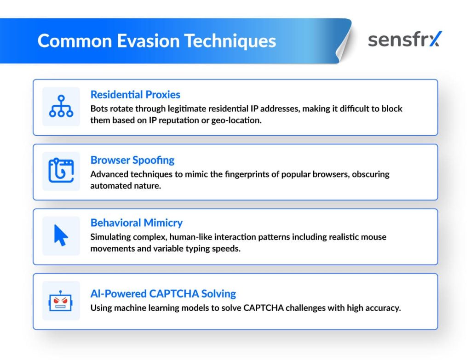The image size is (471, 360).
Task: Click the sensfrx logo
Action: pos(405,40)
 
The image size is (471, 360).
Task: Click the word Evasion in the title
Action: pos(148,41)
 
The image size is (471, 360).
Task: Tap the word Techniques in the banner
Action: pos(230,41)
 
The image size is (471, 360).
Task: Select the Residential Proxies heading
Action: pos(135,95)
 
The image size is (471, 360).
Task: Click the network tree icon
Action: pos(61,106)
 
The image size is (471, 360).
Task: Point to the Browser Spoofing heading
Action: pos(132,160)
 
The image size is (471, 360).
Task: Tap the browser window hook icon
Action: pos(61,170)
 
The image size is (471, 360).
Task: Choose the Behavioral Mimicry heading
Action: pos(136,223)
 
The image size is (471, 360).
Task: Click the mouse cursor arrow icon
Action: pos(61,235)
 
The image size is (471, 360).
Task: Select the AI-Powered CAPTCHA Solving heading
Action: pos(163,294)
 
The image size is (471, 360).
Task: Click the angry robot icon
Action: pos(60,301)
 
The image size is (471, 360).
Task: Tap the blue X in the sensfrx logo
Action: pos(435,39)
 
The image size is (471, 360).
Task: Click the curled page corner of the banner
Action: pos(344,45)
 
